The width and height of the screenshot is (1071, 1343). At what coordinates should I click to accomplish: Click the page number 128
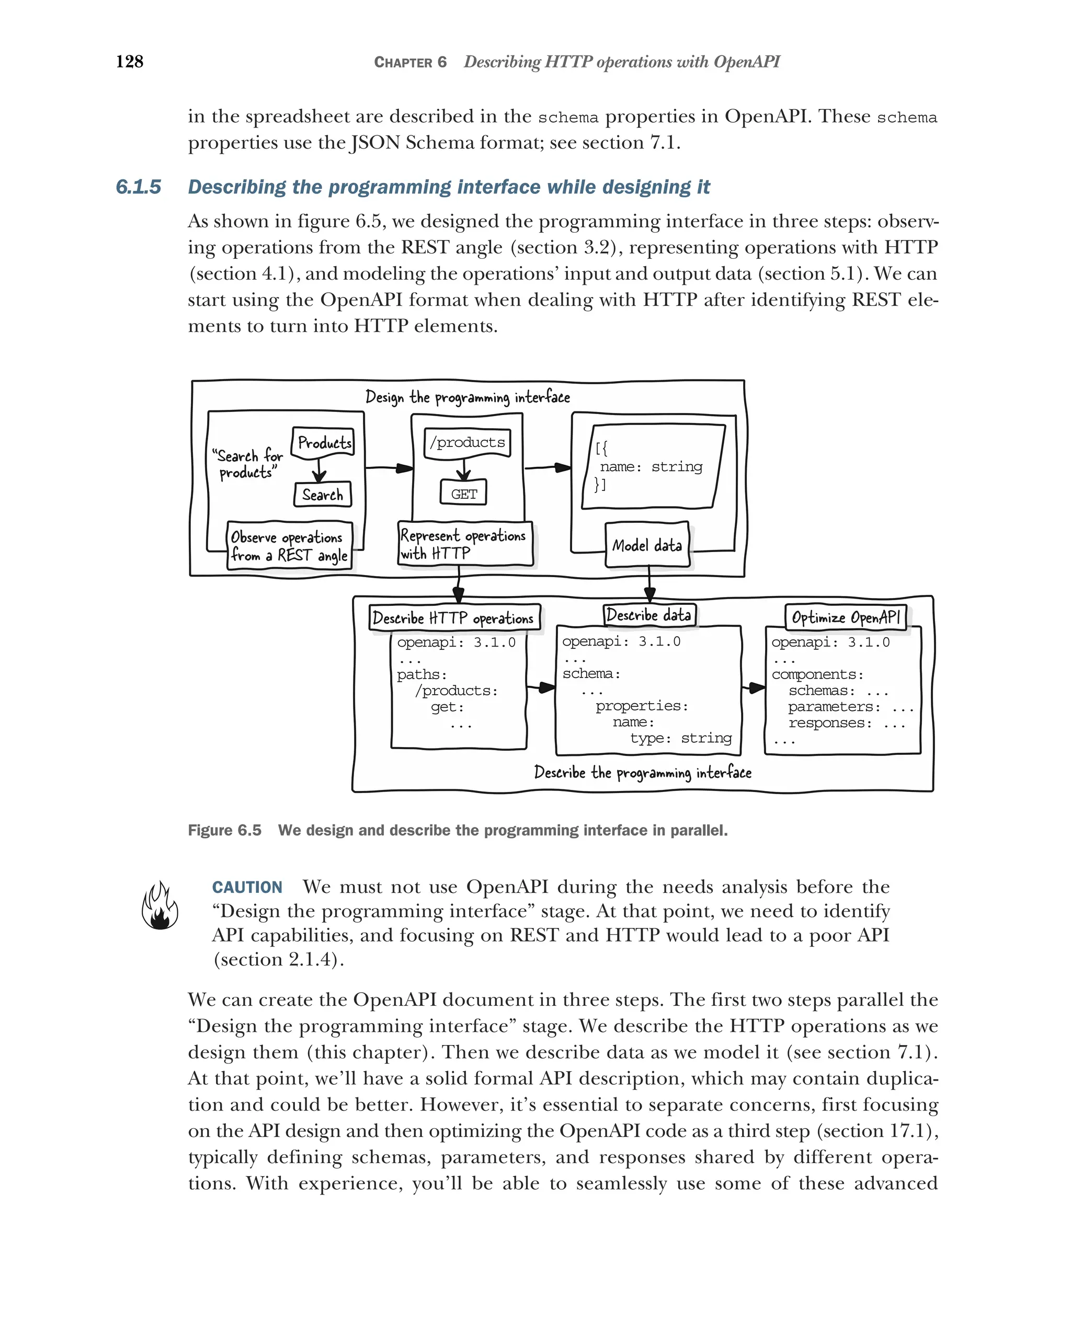(x=130, y=62)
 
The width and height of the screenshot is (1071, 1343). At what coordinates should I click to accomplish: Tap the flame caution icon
(x=159, y=907)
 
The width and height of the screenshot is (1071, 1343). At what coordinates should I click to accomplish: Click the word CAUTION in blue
(x=247, y=887)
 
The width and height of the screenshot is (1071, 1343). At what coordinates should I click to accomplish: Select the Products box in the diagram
(x=323, y=443)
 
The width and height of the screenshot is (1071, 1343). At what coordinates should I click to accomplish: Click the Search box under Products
(x=322, y=495)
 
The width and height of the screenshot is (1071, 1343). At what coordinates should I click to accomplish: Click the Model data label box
(x=647, y=546)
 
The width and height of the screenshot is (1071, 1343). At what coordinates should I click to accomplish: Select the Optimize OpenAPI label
(x=845, y=617)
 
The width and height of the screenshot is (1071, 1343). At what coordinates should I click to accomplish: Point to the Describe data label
(x=648, y=615)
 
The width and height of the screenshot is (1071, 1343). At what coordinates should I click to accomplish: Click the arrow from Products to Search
(x=319, y=471)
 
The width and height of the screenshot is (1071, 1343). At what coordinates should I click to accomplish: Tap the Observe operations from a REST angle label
(x=289, y=546)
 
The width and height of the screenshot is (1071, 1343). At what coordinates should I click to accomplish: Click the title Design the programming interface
(x=468, y=397)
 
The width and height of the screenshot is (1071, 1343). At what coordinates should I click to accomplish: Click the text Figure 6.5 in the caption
(x=224, y=830)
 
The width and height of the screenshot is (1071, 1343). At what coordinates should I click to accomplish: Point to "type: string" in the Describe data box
(x=680, y=738)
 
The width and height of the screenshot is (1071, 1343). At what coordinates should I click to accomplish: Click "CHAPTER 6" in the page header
(x=410, y=62)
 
